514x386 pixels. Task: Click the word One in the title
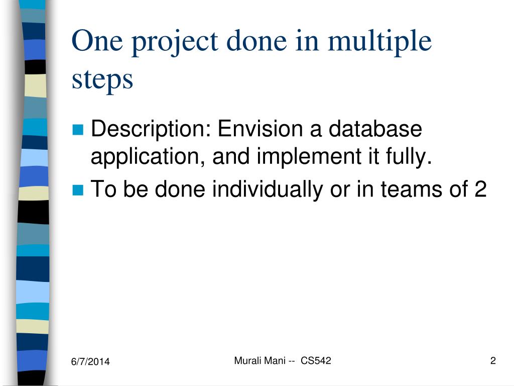click(x=97, y=41)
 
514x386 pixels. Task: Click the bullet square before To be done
click(x=78, y=190)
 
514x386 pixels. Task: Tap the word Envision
click(x=261, y=128)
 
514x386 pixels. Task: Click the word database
click(x=375, y=128)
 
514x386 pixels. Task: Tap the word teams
click(x=412, y=189)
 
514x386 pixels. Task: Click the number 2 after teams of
click(x=480, y=189)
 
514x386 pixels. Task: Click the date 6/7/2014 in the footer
click(x=90, y=362)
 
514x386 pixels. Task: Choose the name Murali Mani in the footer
click(x=260, y=361)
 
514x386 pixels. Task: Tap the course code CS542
click(x=316, y=361)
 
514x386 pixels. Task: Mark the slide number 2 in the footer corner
click(x=493, y=361)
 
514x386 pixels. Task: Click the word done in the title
click(x=256, y=41)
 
